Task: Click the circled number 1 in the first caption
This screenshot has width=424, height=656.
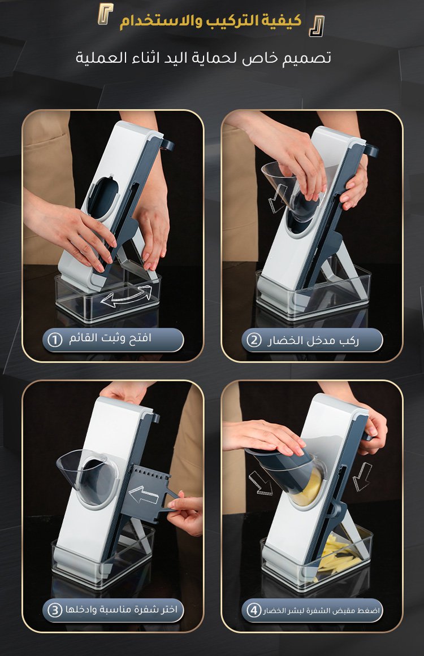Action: tap(54, 339)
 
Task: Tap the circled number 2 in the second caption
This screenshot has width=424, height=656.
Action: tap(254, 340)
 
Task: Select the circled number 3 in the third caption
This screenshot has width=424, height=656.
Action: tap(54, 610)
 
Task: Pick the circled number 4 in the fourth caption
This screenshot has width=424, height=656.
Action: tap(254, 610)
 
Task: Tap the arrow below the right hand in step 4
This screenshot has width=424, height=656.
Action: tap(362, 476)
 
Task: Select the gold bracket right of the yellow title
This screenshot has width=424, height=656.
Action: tap(317, 27)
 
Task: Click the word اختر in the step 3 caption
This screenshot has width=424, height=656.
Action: tap(167, 609)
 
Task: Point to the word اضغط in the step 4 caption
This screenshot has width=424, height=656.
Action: tap(369, 610)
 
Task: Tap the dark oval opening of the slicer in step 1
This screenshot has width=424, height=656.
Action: tap(102, 197)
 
